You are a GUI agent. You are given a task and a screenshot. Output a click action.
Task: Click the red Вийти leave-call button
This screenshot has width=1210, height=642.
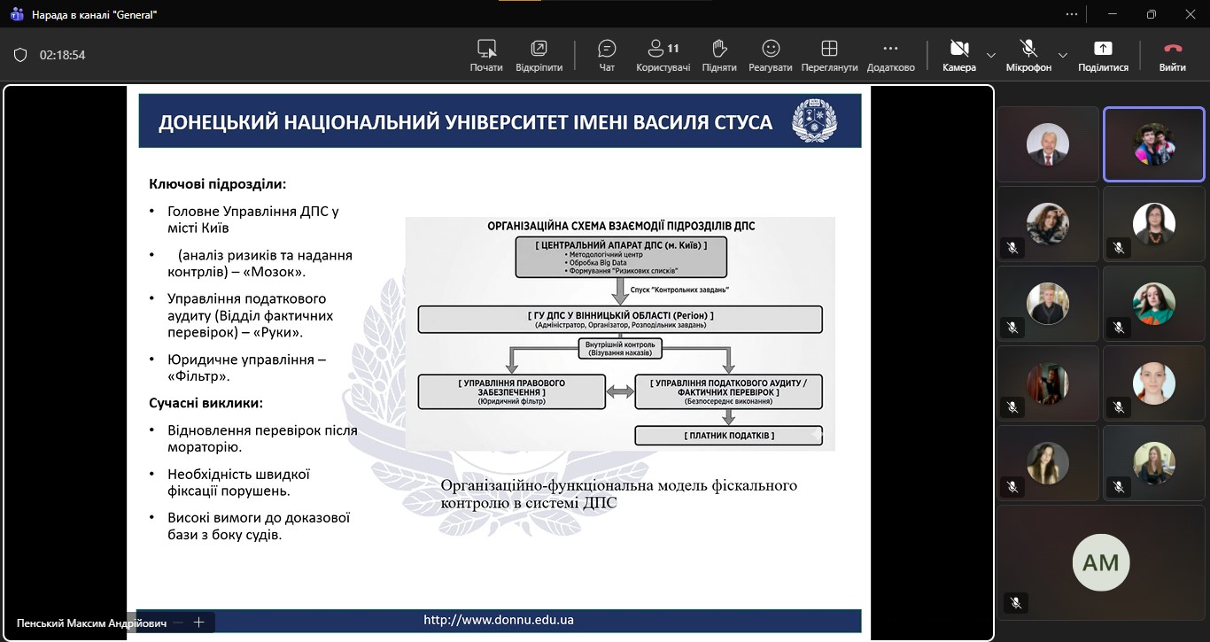coord(1173,55)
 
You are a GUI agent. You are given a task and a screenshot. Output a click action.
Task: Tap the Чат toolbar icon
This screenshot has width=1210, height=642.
coord(607,55)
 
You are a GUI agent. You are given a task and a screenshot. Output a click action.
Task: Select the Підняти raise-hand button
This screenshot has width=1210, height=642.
coord(719,55)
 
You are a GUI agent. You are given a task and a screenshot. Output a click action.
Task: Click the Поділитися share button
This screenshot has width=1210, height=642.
coord(1103,55)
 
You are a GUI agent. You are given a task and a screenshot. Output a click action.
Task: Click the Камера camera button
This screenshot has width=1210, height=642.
coord(958,55)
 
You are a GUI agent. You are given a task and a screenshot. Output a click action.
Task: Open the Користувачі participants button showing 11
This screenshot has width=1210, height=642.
coord(663,55)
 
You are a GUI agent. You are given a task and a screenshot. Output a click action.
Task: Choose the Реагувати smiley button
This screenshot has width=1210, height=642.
coord(771,55)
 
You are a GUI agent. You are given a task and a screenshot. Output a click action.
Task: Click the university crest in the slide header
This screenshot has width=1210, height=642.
coord(813,120)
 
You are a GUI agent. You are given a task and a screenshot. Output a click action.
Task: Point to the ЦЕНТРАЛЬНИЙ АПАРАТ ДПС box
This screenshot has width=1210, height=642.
coord(621,257)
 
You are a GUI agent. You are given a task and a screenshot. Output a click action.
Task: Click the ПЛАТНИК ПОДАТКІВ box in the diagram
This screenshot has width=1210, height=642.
coord(729,436)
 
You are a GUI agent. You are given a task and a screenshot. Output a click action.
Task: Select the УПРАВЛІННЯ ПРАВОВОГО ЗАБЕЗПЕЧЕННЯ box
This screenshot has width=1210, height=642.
coord(512,391)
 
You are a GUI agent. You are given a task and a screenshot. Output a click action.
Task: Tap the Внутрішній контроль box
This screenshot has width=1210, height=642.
coord(620,348)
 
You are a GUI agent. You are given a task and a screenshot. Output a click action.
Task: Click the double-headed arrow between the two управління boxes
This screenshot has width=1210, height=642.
coord(619,391)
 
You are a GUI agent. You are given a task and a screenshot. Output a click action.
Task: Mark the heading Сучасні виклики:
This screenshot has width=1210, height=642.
coord(206,403)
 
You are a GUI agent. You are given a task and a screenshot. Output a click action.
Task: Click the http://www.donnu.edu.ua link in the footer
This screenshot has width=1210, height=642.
coord(499,620)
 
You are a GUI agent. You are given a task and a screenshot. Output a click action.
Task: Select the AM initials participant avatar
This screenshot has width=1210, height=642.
coord(1101,562)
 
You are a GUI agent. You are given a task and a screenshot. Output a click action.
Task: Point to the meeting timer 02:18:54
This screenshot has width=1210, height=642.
coord(62,55)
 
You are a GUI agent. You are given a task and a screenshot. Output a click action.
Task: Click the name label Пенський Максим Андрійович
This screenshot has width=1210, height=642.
coord(91,623)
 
